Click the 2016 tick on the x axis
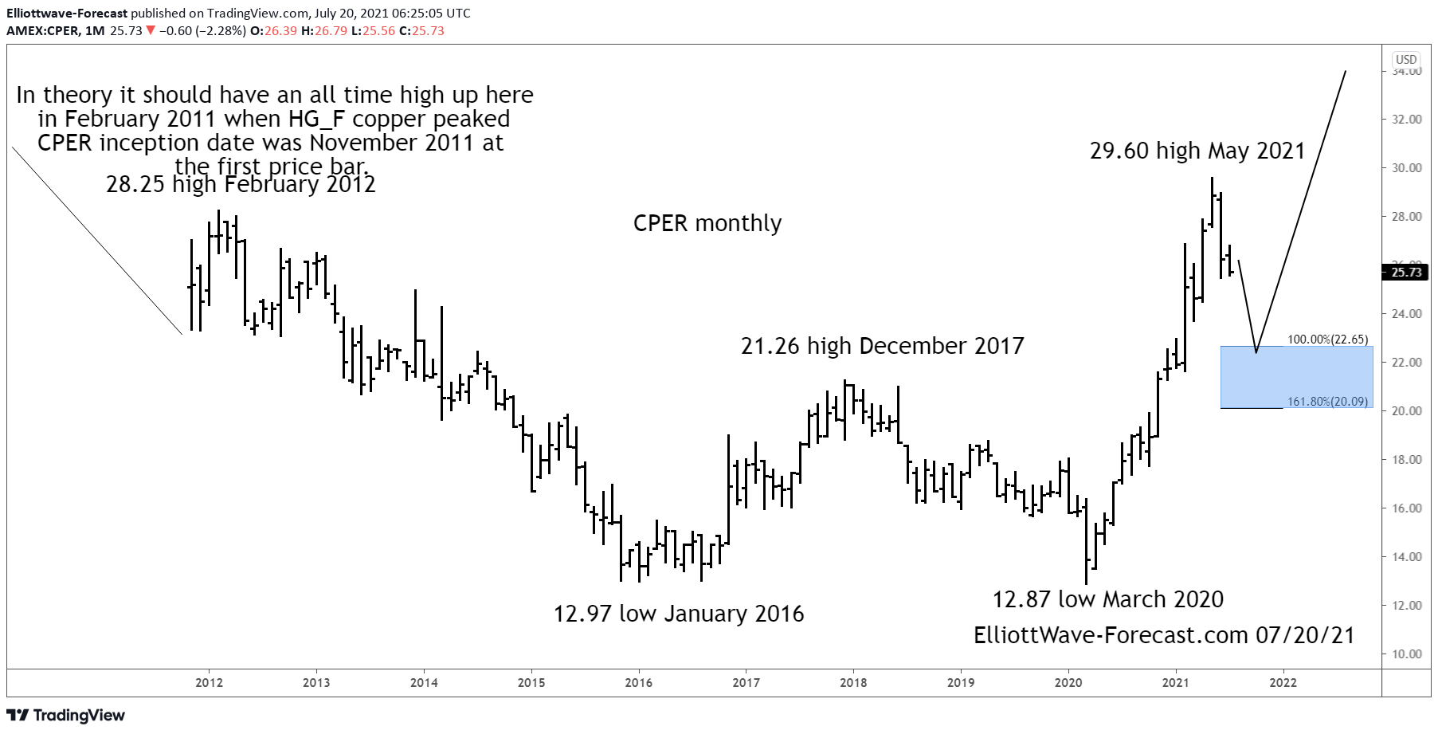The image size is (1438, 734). [x=638, y=683]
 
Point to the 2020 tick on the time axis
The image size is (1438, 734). [x=1068, y=683]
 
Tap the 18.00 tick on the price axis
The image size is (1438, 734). [x=1406, y=460]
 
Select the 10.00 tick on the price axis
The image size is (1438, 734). [x=1406, y=654]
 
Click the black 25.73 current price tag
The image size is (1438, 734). [x=1406, y=273]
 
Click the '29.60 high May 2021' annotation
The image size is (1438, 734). [x=1197, y=151]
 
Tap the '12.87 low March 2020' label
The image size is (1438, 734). [x=1107, y=599]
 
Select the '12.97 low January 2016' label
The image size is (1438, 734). [x=679, y=614]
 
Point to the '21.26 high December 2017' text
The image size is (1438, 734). [x=882, y=346]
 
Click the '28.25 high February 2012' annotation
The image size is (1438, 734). [x=241, y=185]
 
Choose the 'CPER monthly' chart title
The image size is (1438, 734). [x=707, y=223]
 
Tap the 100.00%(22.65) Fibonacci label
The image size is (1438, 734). [x=1327, y=340]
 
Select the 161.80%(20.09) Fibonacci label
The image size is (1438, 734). [x=1327, y=402]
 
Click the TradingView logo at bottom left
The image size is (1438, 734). [x=66, y=715]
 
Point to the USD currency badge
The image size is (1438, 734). [x=1406, y=60]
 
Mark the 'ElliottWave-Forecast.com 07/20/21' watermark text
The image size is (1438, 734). [x=1164, y=635]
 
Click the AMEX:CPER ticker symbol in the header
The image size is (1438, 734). [x=43, y=31]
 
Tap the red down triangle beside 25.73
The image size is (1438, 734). [x=151, y=31]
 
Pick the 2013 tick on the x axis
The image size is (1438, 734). [x=316, y=683]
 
